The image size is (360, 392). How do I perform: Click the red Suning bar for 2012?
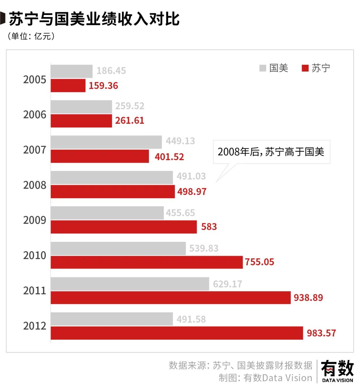[x=177, y=333]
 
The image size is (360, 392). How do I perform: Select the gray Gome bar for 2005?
[x=71, y=71]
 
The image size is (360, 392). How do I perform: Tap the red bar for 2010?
[x=147, y=262]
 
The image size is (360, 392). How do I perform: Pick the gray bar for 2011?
[x=130, y=284]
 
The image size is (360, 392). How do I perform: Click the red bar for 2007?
[x=100, y=156]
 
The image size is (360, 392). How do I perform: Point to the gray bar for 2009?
[x=107, y=213]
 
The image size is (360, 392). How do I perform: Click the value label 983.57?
[x=321, y=333]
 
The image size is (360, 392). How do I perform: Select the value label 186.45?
[x=111, y=71]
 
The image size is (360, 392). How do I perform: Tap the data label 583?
[x=209, y=227]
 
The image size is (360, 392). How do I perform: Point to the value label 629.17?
[x=228, y=284]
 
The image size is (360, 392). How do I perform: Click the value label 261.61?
[x=130, y=120]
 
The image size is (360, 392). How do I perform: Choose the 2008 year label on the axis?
[x=35, y=185]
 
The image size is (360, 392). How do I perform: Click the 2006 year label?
[x=35, y=115]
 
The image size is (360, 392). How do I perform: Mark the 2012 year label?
[x=35, y=326]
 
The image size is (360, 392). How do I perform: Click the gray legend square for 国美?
[x=263, y=68]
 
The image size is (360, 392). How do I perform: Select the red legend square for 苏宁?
[x=305, y=68]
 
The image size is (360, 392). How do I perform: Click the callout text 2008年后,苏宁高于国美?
[x=271, y=152]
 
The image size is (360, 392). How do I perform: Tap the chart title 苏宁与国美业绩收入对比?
[x=94, y=19]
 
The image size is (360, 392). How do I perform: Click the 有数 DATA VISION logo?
[x=337, y=371]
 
